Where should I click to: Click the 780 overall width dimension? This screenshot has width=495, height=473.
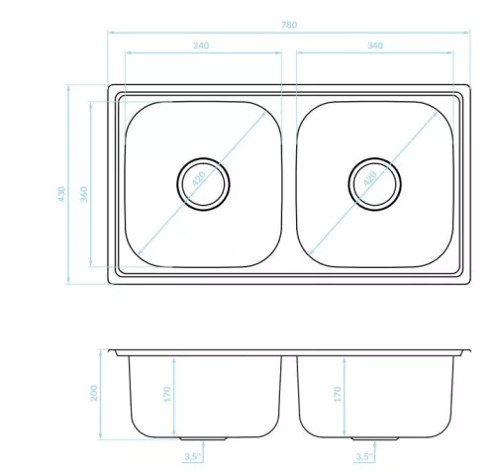[x=289, y=25]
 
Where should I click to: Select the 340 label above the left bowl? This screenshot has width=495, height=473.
[x=201, y=46]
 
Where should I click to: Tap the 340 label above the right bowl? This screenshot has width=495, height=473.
[x=375, y=46]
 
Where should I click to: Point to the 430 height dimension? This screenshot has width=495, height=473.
[x=61, y=194]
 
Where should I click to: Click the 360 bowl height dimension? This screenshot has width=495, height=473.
[x=84, y=194]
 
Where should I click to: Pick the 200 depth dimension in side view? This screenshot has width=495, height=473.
[x=94, y=393]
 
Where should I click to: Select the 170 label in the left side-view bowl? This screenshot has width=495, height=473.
[x=167, y=394]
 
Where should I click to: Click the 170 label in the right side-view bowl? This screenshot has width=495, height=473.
[x=338, y=394]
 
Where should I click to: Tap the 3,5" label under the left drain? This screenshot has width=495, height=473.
[x=192, y=457]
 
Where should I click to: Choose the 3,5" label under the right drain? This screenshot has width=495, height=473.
[x=363, y=457]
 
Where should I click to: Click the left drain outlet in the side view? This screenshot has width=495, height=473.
[x=203, y=438]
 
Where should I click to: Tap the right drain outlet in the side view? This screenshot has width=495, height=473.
[x=374, y=438]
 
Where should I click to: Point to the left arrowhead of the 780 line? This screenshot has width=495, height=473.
[x=111, y=33]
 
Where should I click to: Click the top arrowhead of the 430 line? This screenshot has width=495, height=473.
[x=68, y=88]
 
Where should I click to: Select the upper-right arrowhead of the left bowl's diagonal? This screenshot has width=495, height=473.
[x=263, y=114]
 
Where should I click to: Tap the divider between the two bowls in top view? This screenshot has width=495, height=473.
[x=289, y=184]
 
